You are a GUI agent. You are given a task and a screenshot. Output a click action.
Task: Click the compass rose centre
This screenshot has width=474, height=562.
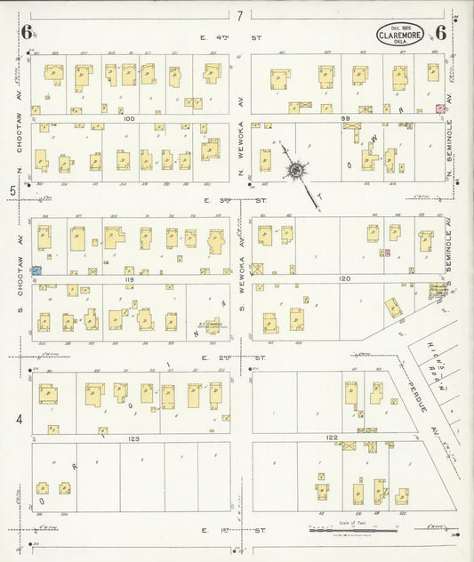294,169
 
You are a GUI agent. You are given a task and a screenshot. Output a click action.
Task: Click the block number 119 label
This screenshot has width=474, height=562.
133,278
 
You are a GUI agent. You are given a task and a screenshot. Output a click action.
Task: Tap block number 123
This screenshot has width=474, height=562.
133,438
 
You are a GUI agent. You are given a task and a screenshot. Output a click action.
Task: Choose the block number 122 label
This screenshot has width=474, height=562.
332,438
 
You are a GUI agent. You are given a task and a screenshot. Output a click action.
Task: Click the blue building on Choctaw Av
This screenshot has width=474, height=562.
36,268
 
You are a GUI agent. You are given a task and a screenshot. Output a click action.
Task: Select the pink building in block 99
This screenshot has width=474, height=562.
438,108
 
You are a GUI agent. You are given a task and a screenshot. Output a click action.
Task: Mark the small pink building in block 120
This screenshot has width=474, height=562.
386,253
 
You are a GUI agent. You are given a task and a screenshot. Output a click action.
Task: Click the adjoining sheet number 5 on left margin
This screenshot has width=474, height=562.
12,190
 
